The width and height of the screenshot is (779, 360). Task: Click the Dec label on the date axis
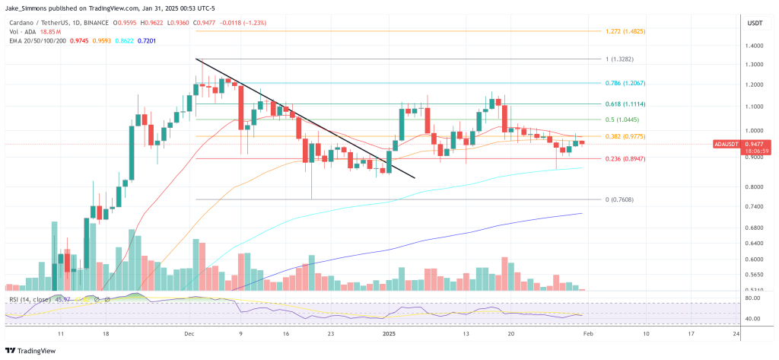pyautogui.click(x=189, y=333)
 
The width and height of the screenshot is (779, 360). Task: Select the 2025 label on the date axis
pyautogui.click(x=389, y=333)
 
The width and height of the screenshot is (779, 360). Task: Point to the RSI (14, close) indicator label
pyautogui.click(x=33, y=300)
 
